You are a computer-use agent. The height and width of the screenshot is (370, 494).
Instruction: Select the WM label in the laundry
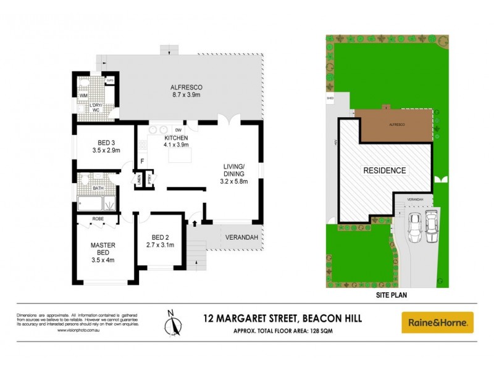[x=83, y=96]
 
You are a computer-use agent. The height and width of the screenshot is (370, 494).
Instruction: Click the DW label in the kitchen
[x=178, y=130]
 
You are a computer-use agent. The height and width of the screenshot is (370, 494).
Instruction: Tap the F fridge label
[x=143, y=162]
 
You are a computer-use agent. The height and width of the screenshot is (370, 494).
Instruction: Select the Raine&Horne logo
[x=437, y=322]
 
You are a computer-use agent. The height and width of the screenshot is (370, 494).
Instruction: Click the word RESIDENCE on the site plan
[x=383, y=170]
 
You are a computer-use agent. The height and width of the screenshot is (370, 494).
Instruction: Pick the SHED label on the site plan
[x=330, y=97]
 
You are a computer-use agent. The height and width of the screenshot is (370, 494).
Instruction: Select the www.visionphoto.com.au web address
[x=78, y=331]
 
